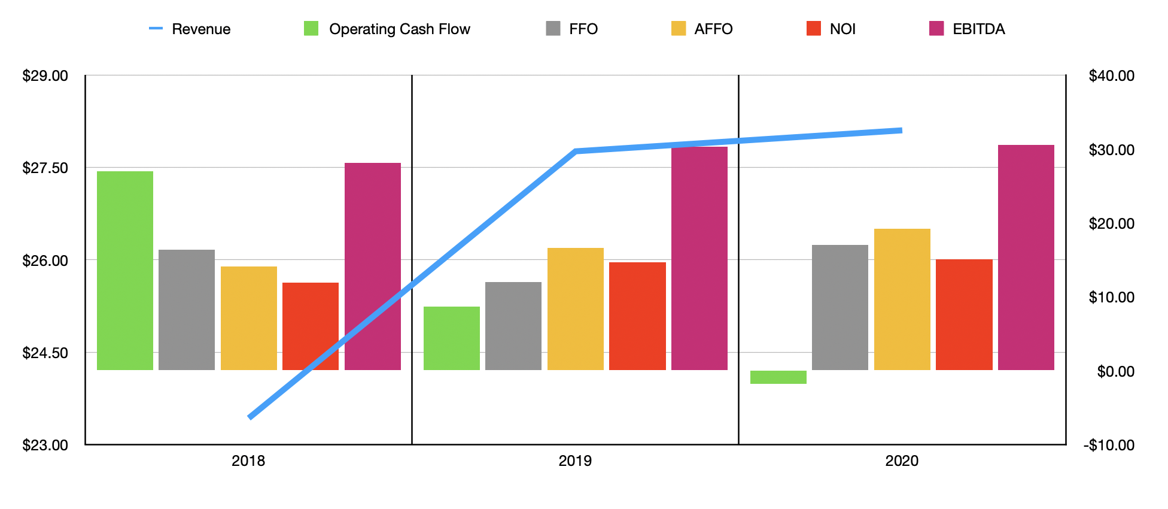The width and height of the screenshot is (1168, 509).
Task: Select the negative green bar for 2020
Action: click(778, 377)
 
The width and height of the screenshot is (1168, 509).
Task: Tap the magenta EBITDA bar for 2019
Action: click(699, 257)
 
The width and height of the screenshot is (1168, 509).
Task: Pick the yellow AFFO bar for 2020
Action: click(902, 299)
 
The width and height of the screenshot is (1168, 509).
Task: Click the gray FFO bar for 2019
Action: click(513, 326)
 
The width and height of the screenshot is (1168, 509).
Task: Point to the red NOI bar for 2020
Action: click(964, 314)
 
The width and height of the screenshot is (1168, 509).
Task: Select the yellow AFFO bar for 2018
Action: click(248, 317)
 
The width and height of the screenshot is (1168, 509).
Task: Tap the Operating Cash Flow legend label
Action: click(399, 29)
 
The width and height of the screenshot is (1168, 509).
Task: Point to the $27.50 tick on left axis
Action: click(45, 168)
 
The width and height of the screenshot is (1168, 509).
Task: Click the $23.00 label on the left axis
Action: click(45, 445)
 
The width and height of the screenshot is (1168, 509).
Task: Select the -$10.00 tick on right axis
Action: click(1109, 445)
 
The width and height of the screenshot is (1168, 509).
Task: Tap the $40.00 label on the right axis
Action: click(1111, 75)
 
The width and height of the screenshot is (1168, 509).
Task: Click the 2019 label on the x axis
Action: click(574, 460)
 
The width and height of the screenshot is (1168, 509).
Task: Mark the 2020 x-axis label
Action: click(902, 460)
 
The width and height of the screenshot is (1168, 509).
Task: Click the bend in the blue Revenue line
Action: click(575, 151)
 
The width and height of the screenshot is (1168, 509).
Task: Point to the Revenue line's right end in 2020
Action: click(901, 130)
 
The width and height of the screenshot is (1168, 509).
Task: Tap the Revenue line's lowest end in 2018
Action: click(250, 417)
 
